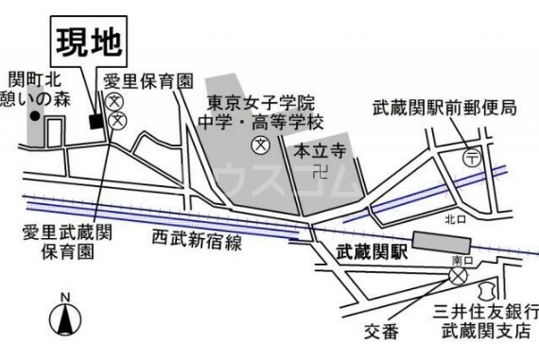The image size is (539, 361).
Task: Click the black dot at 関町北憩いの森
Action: point(35,117)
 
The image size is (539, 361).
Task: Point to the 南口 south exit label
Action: point(461,259)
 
